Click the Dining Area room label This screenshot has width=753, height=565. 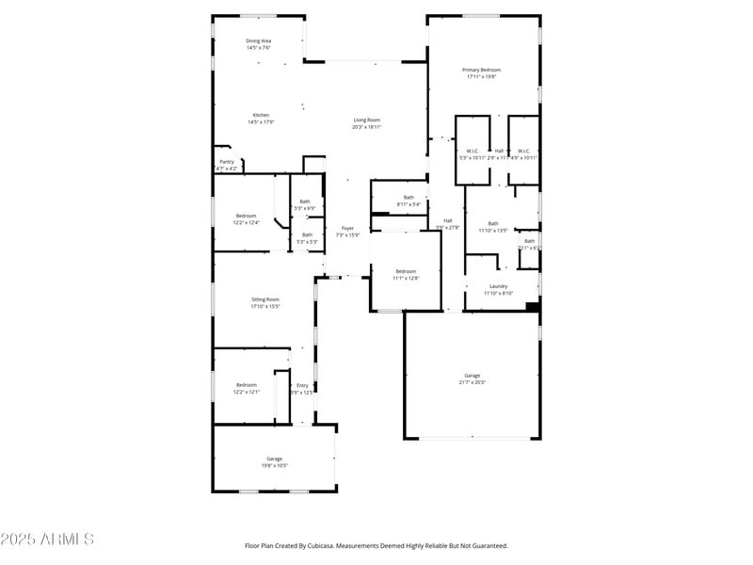(x=259, y=41)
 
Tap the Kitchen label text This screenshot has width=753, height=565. (x=261, y=115)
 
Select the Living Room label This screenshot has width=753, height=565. (x=366, y=120)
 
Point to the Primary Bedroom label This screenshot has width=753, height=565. (x=481, y=70)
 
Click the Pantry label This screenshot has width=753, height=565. (x=227, y=161)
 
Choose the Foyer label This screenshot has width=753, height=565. (x=347, y=228)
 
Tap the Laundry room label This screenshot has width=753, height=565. (x=499, y=286)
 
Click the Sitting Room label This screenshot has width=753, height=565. (x=265, y=299)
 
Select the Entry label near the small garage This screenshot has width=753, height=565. (x=302, y=385)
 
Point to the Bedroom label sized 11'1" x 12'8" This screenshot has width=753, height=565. (x=406, y=271)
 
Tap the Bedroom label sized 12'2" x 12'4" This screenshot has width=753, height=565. (x=247, y=216)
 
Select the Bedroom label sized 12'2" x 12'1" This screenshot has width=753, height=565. (x=247, y=384)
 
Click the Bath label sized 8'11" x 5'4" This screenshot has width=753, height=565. (x=409, y=197)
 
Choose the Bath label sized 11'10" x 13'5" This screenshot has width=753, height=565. (x=493, y=223)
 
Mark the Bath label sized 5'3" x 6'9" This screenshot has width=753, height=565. (x=305, y=201)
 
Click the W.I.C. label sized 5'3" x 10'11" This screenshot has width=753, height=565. (x=473, y=151)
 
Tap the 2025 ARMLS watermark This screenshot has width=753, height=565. (x=47, y=540)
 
